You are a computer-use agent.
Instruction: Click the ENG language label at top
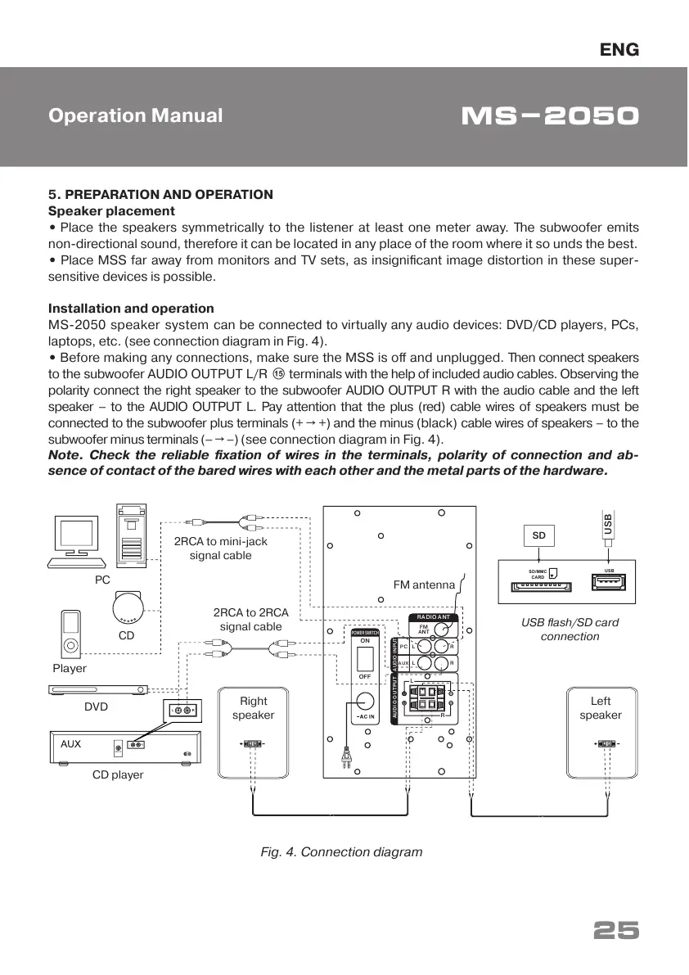(x=620, y=50)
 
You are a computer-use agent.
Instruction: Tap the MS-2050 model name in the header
(x=550, y=116)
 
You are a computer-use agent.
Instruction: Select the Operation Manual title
(x=135, y=115)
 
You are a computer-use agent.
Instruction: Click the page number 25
(x=615, y=931)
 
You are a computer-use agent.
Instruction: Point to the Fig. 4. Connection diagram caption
(x=341, y=852)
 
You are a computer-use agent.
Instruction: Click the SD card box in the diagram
(x=538, y=535)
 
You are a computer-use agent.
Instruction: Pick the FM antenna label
(x=423, y=585)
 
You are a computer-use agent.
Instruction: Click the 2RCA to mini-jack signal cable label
(x=220, y=548)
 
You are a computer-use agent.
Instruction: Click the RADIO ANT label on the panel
(x=433, y=616)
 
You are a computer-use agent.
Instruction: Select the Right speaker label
(x=253, y=708)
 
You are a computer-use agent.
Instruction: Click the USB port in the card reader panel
(x=609, y=582)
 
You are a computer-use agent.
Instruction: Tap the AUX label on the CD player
(x=71, y=744)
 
